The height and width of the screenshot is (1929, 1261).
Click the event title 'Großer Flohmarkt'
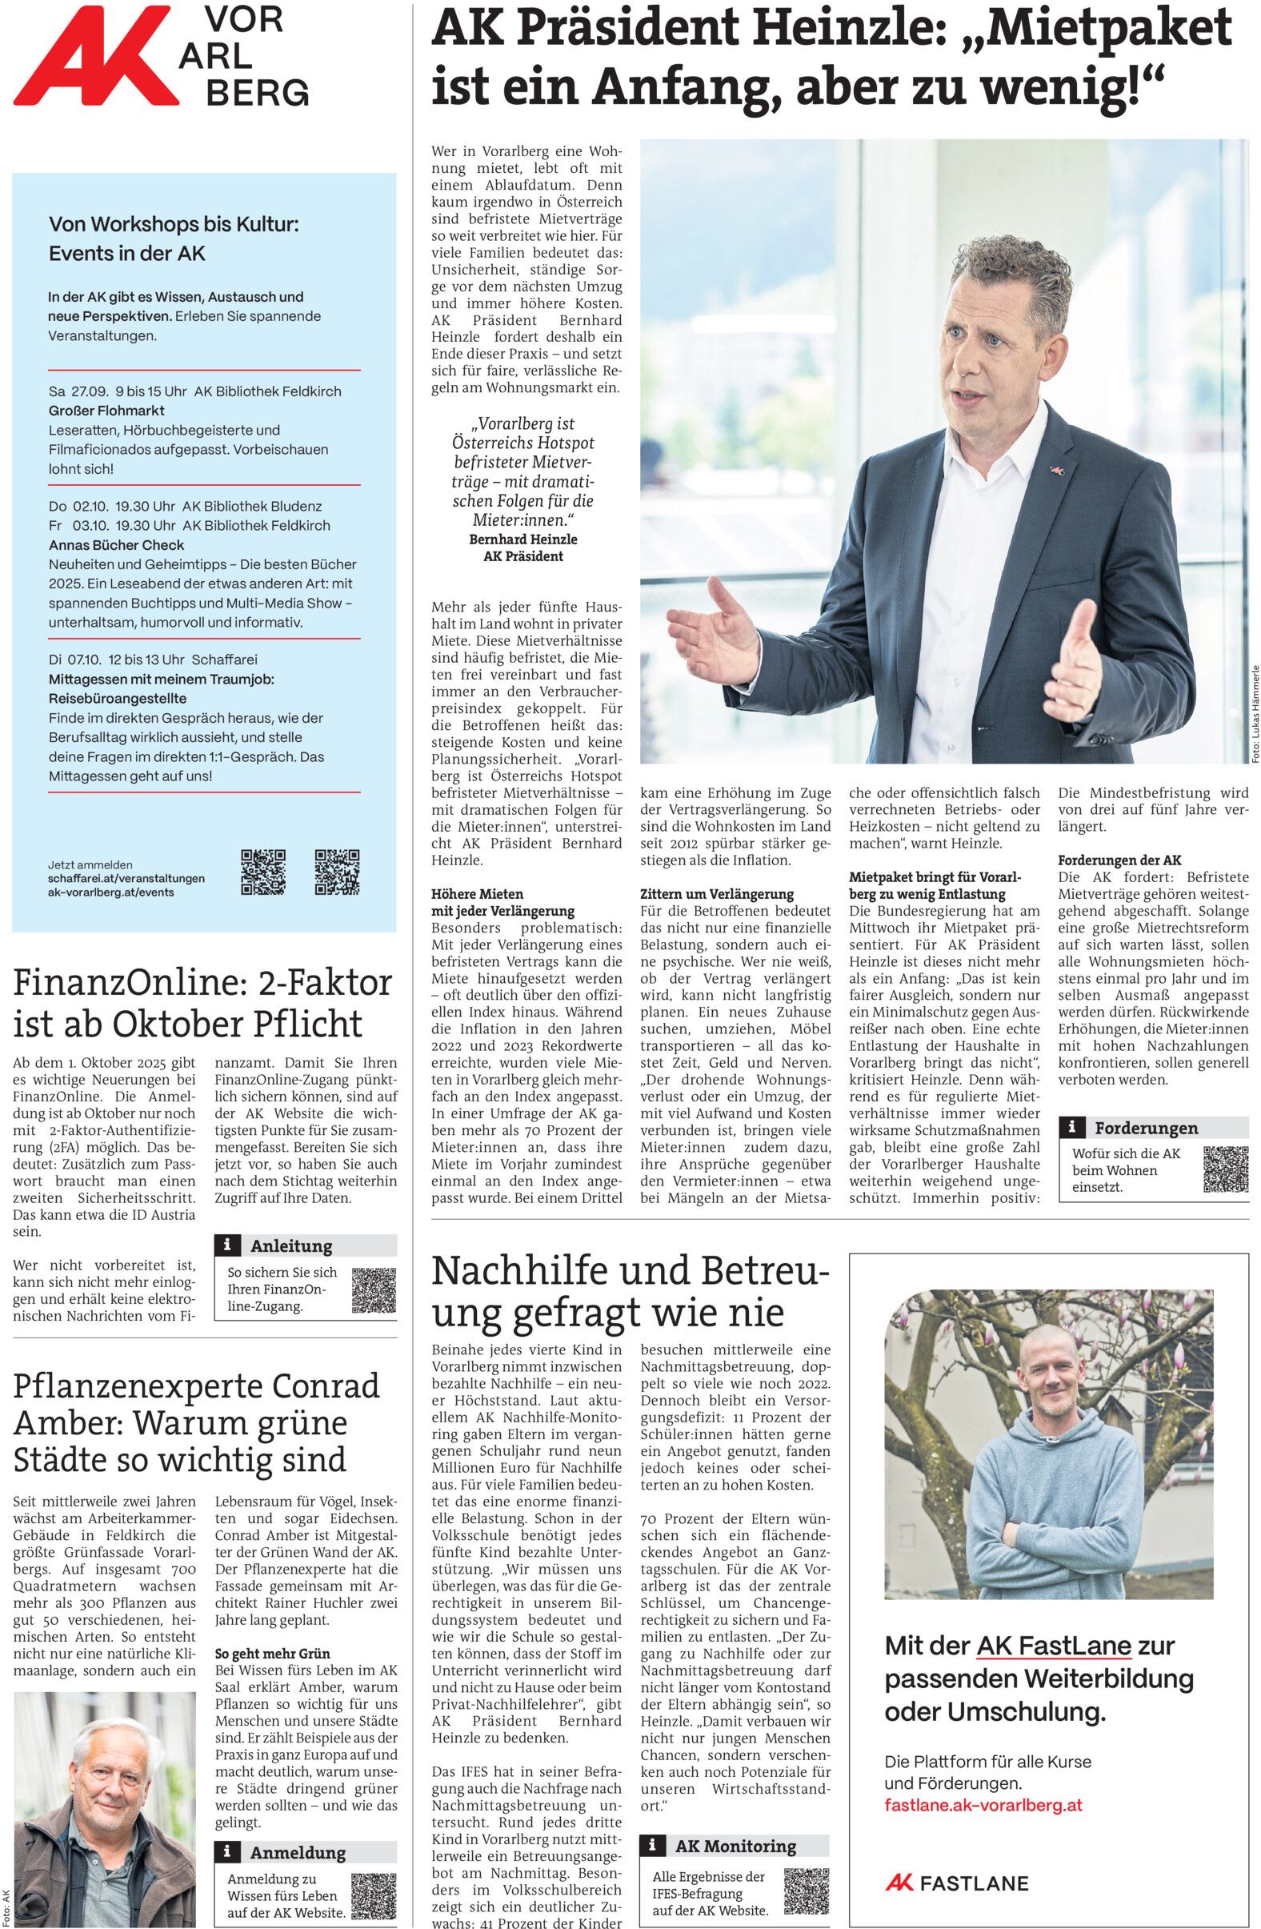point(106,411)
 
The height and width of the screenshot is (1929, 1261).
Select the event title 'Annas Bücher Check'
point(116,544)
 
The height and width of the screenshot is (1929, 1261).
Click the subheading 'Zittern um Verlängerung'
point(716,894)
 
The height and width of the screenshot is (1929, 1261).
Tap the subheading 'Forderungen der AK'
point(1119,860)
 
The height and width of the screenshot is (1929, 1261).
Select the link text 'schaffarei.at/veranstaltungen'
point(126,878)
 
